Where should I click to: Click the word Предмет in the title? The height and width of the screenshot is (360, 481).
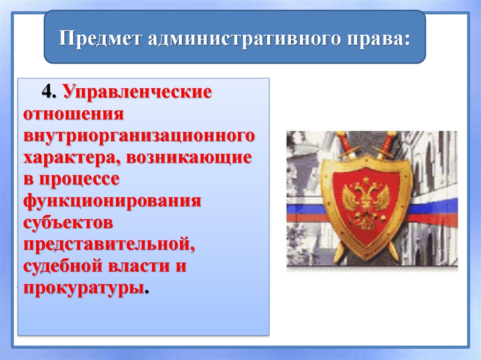[101, 38]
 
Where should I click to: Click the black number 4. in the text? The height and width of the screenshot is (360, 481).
[49, 92]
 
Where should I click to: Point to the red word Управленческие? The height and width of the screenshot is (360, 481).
[138, 92]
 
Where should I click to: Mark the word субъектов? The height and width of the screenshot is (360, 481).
[68, 222]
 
